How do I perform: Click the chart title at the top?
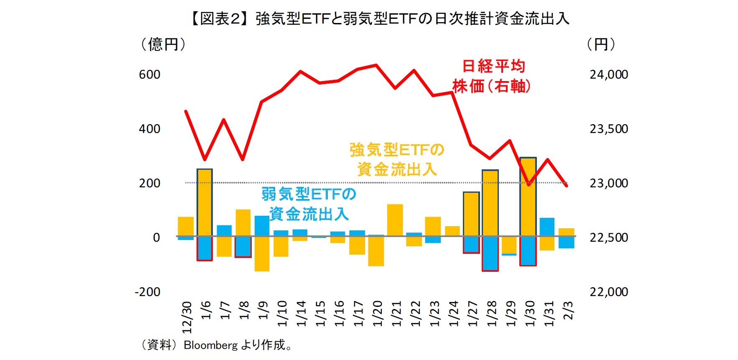tap(379, 19)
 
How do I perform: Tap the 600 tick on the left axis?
tap(150, 74)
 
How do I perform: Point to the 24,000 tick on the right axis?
tap(608, 74)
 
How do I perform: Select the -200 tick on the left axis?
tap(147, 292)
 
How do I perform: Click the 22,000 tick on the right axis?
tap(608, 292)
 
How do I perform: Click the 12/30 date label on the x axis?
tap(186, 317)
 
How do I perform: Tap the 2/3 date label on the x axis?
tap(568, 310)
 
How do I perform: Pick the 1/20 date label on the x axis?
tap(377, 313)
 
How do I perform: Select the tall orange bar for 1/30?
tap(528, 197)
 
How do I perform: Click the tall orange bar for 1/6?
tap(204, 202)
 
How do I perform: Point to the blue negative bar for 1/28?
tap(490, 253)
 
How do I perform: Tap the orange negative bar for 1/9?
tap(262, 253)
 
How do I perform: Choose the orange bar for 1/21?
tap(395, 220)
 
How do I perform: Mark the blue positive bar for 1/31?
tap(547, 227)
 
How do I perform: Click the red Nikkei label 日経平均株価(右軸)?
tap(492, 76)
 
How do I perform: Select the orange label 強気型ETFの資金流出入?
tap(396, 159)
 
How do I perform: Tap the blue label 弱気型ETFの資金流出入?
tap(309, 204)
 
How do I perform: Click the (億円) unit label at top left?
tap(163, 44)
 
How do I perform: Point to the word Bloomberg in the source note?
tap(210, 345)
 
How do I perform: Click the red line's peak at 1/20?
tap(376, 65)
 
